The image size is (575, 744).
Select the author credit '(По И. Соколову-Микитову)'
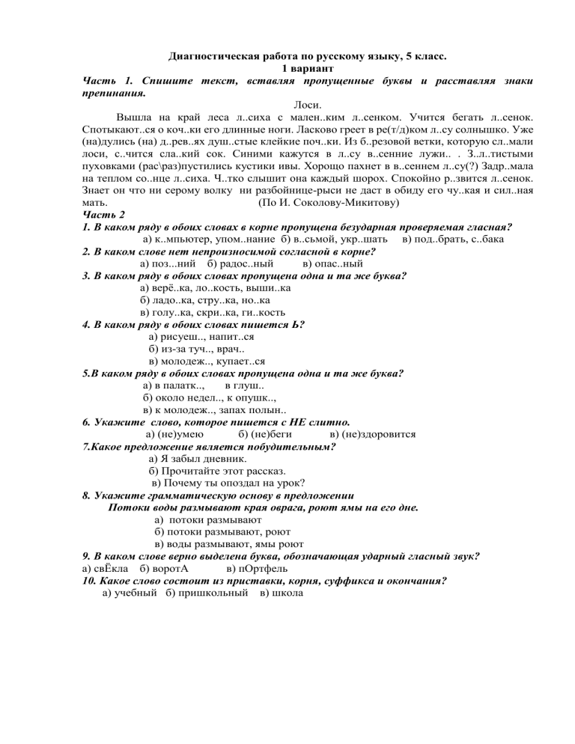328,203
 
